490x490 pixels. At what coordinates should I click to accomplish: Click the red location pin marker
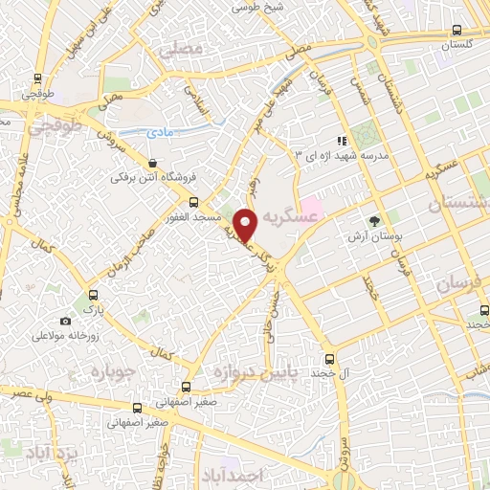(245, 224)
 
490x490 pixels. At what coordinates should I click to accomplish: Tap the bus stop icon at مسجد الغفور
(194, 202)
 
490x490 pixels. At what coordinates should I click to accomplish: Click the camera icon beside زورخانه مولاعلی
(65, 322)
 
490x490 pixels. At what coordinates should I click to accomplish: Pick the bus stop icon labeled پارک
(93, 296)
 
